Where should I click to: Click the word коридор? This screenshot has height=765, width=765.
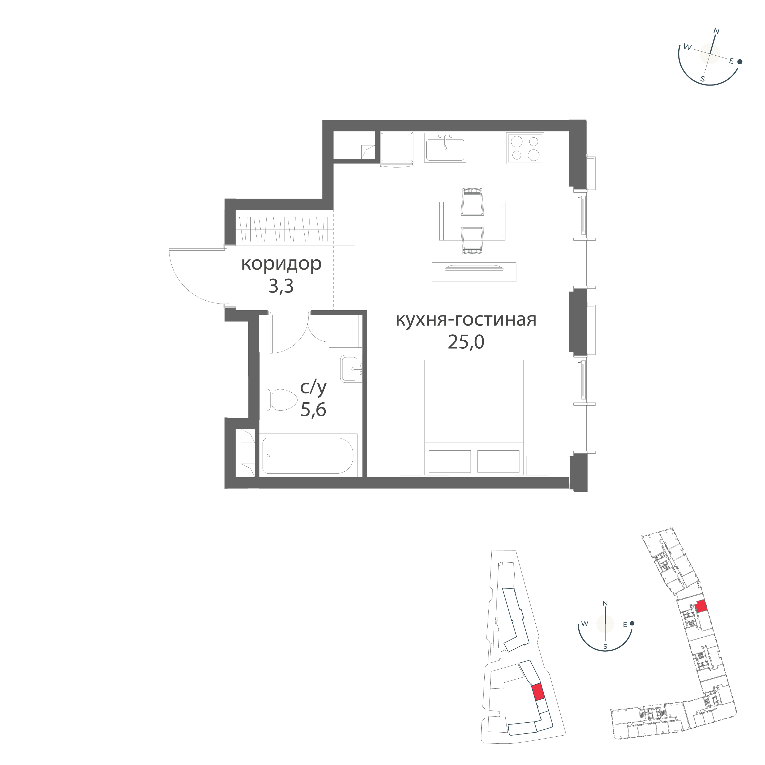[x=281, y=264]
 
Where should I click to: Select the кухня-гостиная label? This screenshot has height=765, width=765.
[x=466, y=320]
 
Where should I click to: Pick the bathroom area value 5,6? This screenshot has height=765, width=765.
[x=313, y=410]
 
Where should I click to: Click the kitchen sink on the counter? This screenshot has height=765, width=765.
[x=446, y=147]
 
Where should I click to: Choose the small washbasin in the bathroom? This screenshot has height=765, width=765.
[x=352, y=369]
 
